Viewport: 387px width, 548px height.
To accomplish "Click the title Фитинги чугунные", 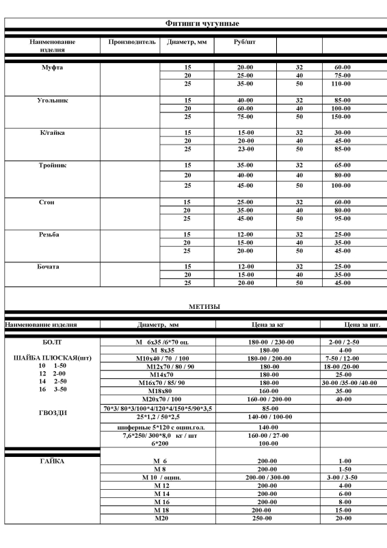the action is point(193,23).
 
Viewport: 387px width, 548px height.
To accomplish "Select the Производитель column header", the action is point(132,42).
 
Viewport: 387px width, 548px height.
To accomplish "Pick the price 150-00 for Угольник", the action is point(342,116).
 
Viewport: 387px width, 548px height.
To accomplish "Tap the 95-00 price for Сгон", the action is point(342,219).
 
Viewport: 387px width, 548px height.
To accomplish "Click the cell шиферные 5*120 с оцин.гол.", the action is point(158,427).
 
